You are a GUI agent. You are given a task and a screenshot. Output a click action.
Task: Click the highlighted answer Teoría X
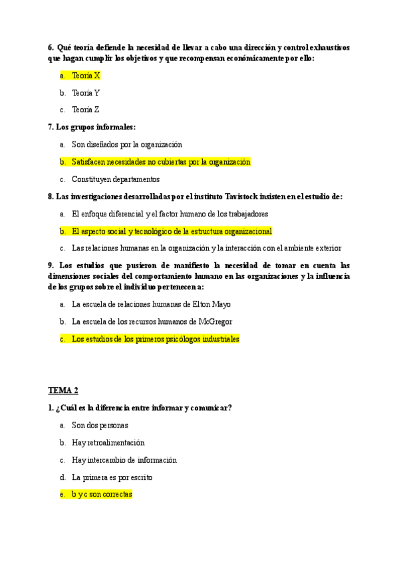coord(86,76)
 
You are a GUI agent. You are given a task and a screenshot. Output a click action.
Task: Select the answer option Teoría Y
coord(86,93)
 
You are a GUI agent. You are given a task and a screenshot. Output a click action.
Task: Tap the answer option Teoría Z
coord(86,110)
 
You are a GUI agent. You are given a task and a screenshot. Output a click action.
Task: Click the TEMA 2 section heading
coord(63,390)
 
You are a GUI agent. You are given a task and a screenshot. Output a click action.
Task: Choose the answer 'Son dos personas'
coord(100,426)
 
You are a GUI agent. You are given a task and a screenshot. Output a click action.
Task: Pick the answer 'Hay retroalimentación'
coord(108,443)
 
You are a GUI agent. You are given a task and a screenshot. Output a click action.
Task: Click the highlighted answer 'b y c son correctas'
coord(102,495)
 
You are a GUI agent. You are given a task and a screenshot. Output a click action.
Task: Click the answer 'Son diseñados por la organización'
coord(126,144)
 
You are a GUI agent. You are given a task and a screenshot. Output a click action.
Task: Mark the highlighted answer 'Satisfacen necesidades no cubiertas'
coord(160,162)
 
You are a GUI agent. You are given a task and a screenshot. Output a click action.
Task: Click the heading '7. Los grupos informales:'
coord(92,127)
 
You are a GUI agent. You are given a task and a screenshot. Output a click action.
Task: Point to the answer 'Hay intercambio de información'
coord(124,460)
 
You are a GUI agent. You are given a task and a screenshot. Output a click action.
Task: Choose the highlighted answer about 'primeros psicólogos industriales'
coord(155,339)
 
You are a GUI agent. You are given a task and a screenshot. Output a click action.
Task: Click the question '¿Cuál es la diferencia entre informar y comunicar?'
coord(140,408)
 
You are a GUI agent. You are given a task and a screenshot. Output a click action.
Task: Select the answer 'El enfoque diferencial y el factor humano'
coord(170,214)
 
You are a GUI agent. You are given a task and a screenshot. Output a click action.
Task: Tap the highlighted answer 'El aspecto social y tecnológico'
coord(172,231)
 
